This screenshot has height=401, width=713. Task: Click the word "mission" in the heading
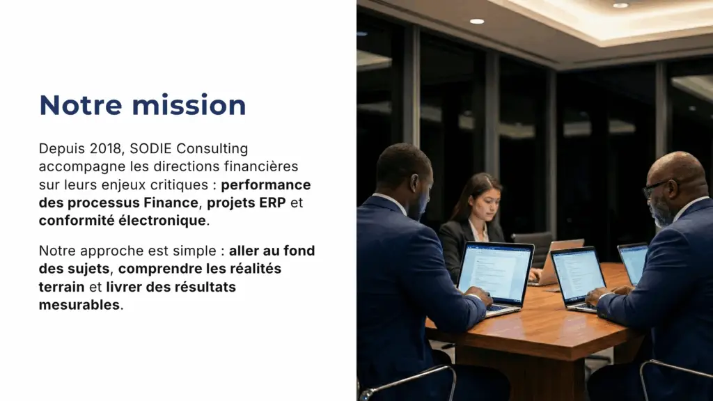(189, 105)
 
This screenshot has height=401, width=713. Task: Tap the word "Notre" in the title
(81, 105)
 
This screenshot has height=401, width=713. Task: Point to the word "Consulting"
(212, 149)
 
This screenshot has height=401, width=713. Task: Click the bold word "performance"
(266, 185)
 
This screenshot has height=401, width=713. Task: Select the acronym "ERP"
(272, 203)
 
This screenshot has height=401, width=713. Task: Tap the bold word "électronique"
(162, 221)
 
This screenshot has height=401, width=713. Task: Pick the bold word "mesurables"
(79, 305)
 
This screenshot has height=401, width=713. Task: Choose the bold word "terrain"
(61, 287)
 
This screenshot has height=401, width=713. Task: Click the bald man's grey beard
(661, 213)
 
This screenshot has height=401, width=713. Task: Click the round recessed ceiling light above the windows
(476, 22)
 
